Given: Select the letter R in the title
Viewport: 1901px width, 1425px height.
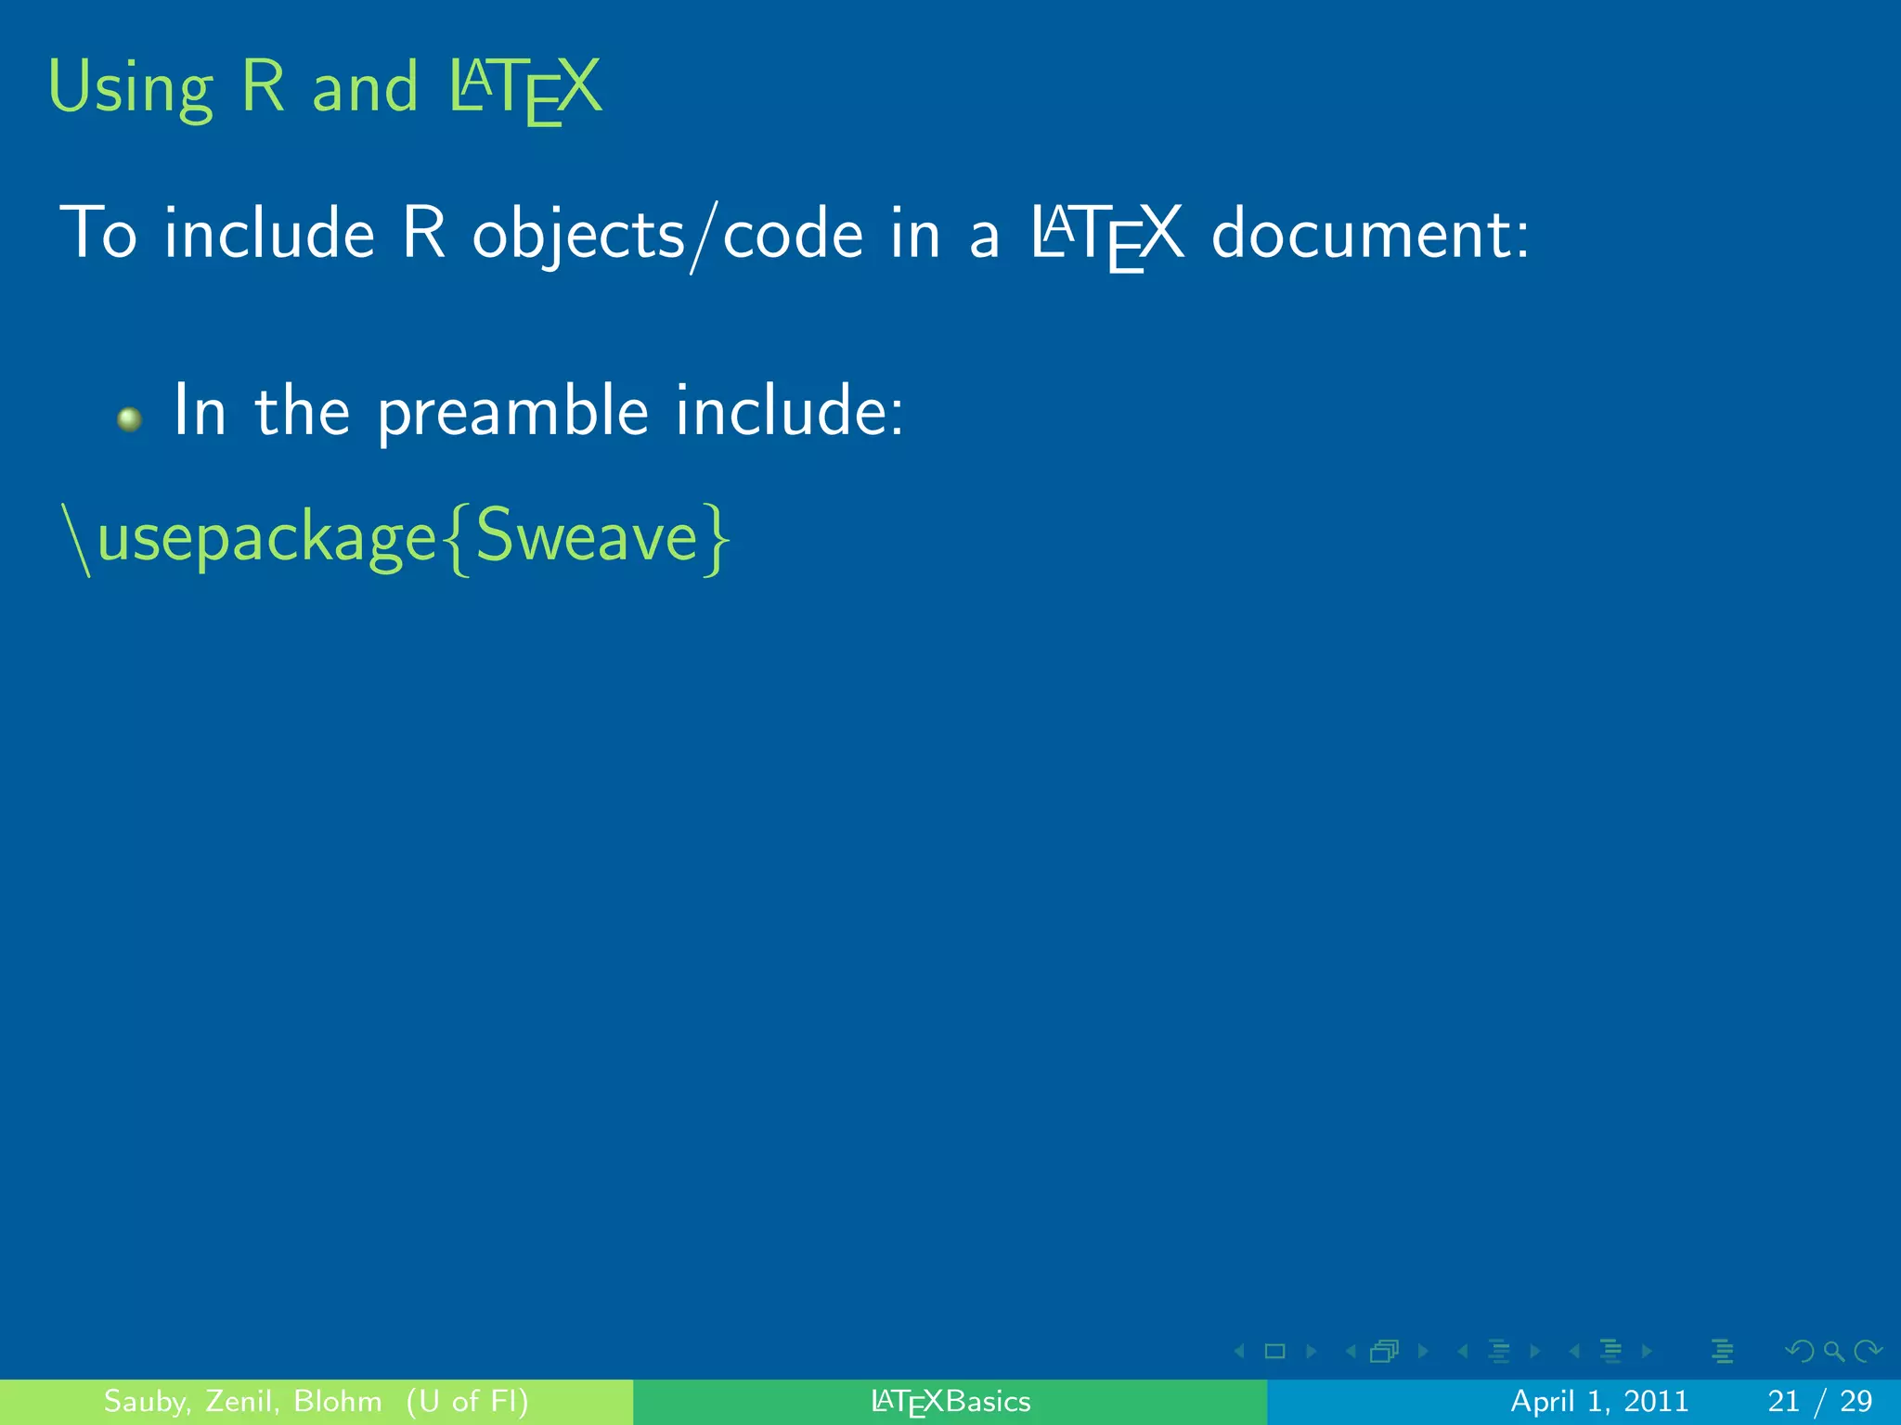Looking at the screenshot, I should pyautogui.click(x=263, y=87).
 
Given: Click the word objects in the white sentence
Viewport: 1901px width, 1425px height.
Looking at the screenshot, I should pyautogui.click(x=577, y=235).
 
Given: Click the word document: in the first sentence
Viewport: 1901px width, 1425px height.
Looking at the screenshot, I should pyautogui.click(x=1370, y=235).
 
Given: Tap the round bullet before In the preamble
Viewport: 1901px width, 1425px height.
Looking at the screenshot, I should pyautogui.click(x=130, y=419).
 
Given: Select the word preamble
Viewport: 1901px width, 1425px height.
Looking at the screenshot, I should pyautogui.click(x=512, y=413).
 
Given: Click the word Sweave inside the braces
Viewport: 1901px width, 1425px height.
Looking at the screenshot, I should pyautogui.click(x=587, y=538).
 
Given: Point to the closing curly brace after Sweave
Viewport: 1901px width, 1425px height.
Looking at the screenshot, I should pyautogui.click(x=717, y=540).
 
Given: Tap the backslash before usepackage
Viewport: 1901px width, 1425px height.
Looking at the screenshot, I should pyautogui.click(x=76, y=540).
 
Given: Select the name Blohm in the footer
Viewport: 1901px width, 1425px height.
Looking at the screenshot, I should pyautogui.click(x=338, y=1401).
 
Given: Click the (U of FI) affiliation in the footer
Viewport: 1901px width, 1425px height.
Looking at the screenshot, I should pyautogui.click(x=467, y=1401).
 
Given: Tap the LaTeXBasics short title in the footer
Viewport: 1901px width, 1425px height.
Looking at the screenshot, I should pyautogui.click(x=950, y=1402).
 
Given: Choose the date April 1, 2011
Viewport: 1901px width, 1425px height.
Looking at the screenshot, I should pyautogui.click(x=1599, y=1401).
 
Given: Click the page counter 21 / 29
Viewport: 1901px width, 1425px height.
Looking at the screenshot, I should pyautogui.click(x=1819, y=1401).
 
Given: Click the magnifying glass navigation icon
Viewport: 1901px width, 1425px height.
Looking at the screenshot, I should pyautogui.click(x=1833, y=1352).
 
